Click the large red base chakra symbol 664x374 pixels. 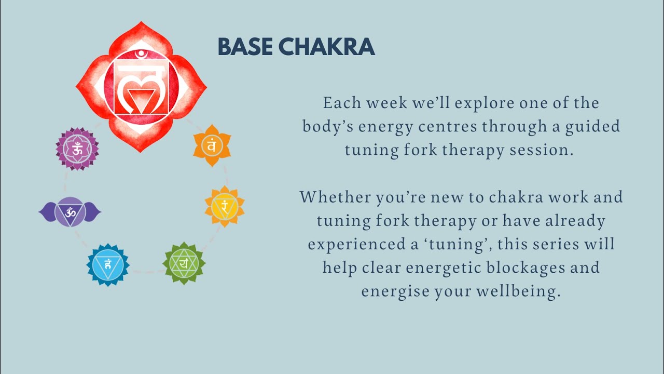[x=141, y=87]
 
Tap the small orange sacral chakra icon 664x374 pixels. [x=212, y=145]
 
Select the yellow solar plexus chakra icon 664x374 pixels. [x=225, y=206]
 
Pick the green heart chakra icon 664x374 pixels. [x=184, y=263]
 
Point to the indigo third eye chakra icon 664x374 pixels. [x=70, y=211]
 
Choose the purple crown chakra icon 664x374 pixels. [x=77, y=149]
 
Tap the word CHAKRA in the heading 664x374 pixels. [x=326, y=47]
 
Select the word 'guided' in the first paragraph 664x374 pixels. [x=592, y=127]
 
